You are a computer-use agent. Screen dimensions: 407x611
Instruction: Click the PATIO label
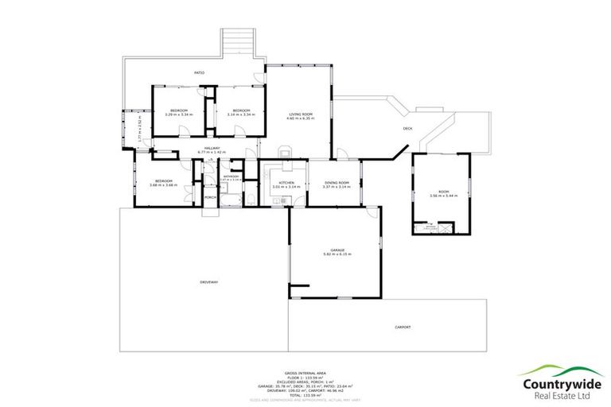(200, 73)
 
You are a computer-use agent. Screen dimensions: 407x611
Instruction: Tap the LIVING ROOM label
(302, 114)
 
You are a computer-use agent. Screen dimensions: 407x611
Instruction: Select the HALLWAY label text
(212, 148)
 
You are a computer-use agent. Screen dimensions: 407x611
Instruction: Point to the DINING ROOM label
(337, 183)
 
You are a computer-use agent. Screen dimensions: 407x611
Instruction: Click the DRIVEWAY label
(208, 282)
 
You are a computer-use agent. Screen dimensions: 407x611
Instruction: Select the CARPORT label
(403, 327)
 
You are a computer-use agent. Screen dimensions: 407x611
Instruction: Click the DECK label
(407, 128)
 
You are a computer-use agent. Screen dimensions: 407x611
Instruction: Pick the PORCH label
(211, 197)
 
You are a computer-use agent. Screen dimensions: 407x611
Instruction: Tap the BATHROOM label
(232, 176)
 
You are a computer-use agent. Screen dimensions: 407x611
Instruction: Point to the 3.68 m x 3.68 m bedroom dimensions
(165, 185)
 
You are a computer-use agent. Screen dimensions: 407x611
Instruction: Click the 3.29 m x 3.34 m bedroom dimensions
(179, 114)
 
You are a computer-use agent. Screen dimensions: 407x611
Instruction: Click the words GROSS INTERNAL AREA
(305, 372)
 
